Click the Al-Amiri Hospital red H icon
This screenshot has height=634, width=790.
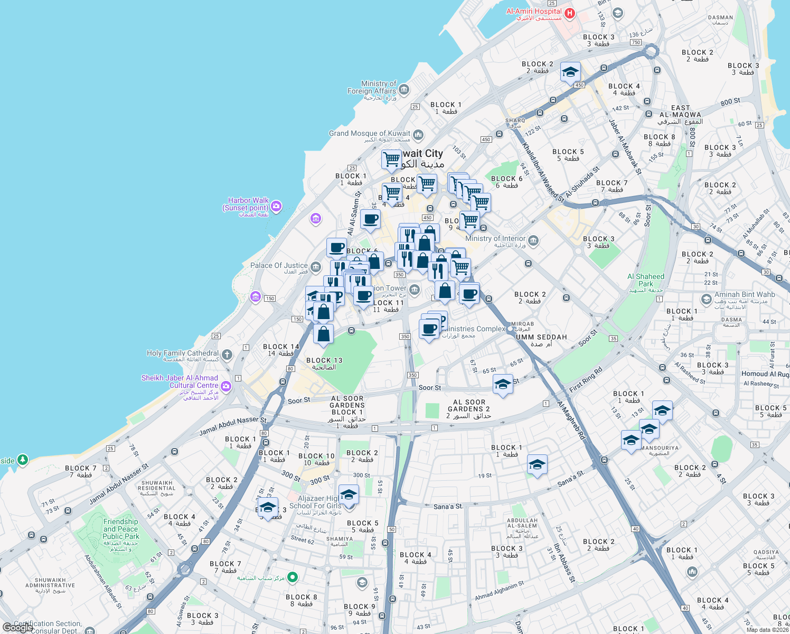click(x=569, y=13)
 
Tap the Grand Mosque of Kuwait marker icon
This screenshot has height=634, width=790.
click(x=418, y=134)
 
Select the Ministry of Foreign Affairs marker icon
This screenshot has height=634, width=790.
click(x=404, y=89)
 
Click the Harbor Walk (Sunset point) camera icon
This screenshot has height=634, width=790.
click(x=276, y=206)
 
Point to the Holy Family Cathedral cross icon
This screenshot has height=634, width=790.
click(x=227, y=355)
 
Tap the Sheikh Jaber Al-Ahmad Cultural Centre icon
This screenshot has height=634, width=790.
click(x=226, y=386)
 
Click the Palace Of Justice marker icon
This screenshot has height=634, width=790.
click(x=316, y=267)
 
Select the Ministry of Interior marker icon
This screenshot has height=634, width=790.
click(x=533, y=241)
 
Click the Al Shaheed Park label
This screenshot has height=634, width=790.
click(x=646, y=280)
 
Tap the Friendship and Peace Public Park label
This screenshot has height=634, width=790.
click(x=120, y=533)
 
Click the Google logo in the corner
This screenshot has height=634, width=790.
click(x=17, y=627)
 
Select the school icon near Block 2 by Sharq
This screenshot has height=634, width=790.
click(x=570, y=72)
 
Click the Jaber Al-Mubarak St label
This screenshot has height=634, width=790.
click(x=625, y=147)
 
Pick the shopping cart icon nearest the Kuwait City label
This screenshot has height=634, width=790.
click(x=391, y=159)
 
